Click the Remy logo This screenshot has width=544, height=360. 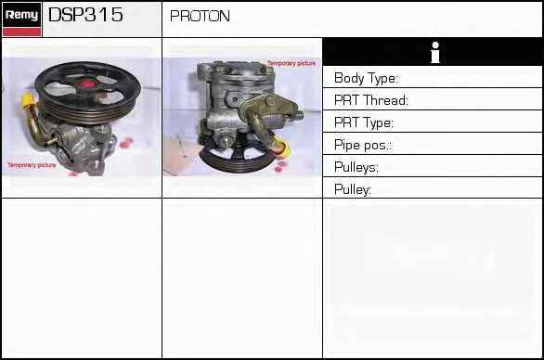pos(21,19)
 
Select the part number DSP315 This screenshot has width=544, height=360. pos(85,15)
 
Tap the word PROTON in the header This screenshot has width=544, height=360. pos(200,16)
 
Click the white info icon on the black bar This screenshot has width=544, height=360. pos(435,52)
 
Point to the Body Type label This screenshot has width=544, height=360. pos(366,78)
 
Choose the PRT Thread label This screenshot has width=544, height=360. pos(371,100)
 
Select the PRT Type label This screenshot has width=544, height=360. pos(364,122)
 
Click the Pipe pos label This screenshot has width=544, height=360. pos(363,145)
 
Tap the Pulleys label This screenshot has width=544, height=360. pos(356,167)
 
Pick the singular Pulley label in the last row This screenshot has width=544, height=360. pos(353,189)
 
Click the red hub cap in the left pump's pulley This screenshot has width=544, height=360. pos(86,84)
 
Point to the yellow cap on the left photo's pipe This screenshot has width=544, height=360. pos(27,100)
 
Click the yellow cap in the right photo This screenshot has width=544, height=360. pos(283,147)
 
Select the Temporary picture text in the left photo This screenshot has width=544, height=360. pos(32,165)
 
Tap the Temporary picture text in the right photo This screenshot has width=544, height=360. pos(291,63)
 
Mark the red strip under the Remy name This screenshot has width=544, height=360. pos(21,32)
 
